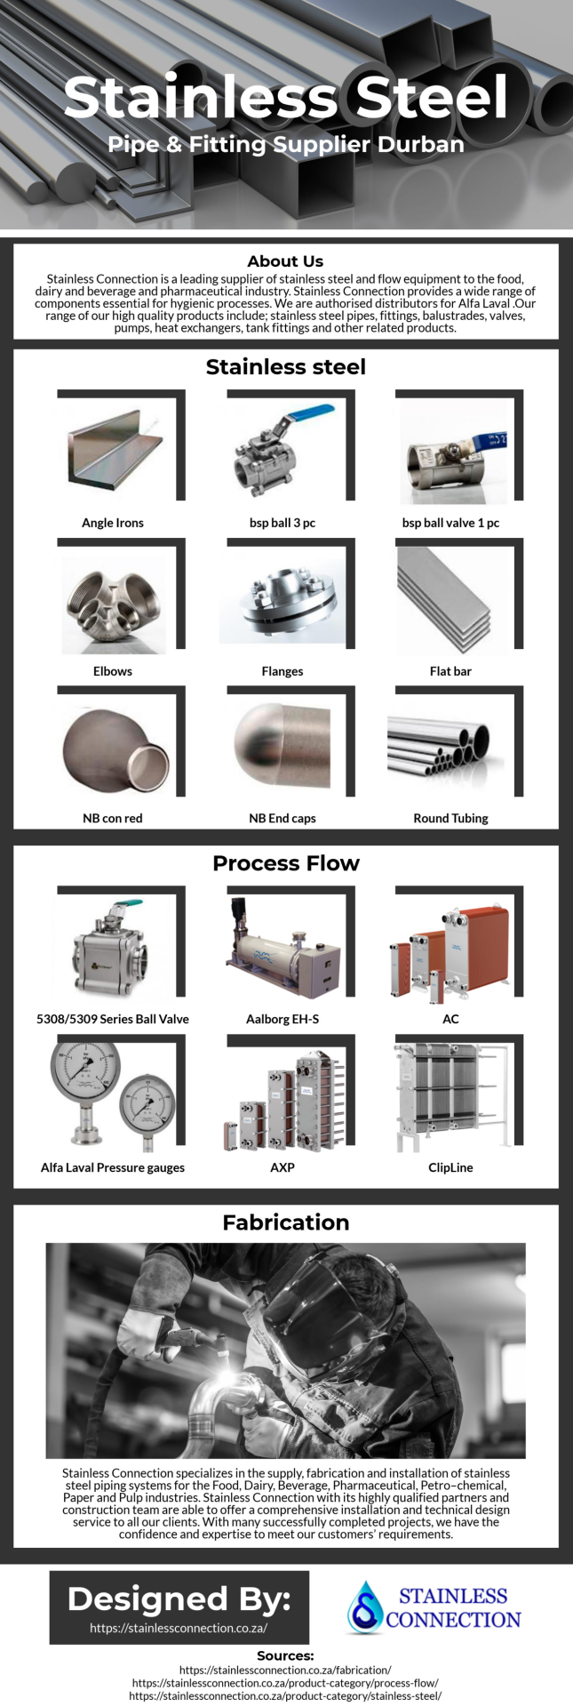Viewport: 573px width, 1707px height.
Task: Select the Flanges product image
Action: tap(283, 601)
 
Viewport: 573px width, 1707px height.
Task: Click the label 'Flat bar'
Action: tap(450, 671)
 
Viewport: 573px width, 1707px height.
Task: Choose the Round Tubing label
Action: tap(450, 818)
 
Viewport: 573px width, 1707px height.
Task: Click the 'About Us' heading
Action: tap(285, 261)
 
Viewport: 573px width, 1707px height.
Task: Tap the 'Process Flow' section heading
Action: tap(286, 863)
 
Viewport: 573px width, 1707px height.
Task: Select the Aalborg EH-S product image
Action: tap(283, 948)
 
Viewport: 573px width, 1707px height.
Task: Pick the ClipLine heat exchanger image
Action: tap(453, 1097)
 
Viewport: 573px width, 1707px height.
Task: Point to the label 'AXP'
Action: tap(283, 1167)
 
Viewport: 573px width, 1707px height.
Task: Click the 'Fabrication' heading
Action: tap(286, 1222)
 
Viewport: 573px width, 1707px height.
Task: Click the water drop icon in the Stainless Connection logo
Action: tap(364, 1606)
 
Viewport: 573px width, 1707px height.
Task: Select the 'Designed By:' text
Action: tap(179, 1599)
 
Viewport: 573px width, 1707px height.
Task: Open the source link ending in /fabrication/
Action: tap(285, 1670)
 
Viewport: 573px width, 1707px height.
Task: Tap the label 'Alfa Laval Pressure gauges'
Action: tap(113, 1167)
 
